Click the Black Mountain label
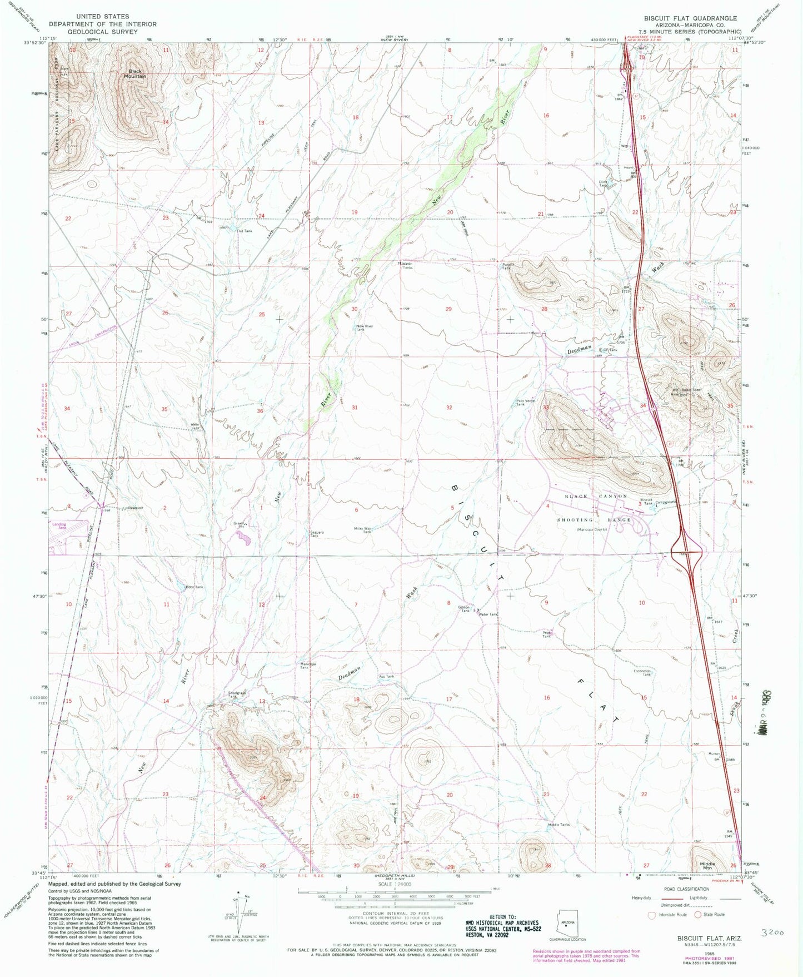tap(134, 73)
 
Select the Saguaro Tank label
tap(315, 534)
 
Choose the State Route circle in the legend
tap(698, 914)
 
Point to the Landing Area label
tap(59, 525)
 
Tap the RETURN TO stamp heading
tap(502, 917)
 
